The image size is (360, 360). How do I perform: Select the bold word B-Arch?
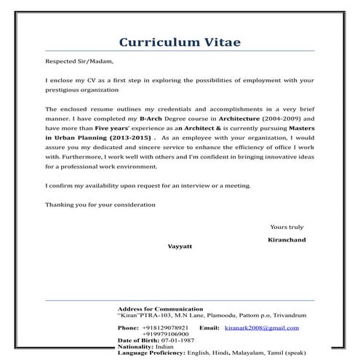154,117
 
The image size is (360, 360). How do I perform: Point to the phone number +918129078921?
164,328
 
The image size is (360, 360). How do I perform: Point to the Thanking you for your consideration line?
100,204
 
